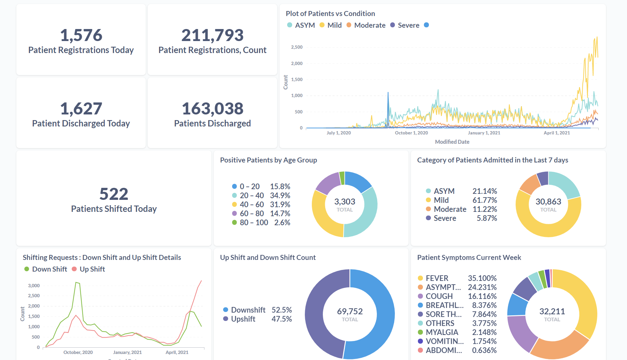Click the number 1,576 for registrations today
[x=81, y=35]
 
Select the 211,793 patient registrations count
[x=212, y=35]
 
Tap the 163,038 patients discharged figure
[x=212, y=109]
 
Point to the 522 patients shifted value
[x=114, y=194]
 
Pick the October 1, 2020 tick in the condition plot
[x=411, y=133]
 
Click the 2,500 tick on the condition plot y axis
[x=296, y=47]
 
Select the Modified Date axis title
[x=452, y=142]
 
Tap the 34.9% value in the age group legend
[x=280, y=196]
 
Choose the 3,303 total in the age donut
[x=345, y=202]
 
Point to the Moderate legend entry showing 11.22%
[x=450, y=209]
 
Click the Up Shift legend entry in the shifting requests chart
[x=92, y=269]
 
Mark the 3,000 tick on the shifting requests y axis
[x=34, y=286]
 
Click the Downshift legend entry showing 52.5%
[x=248, y=310]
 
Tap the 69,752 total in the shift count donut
[x=350, y=311]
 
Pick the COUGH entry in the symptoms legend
[x=439, y=296]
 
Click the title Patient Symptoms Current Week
[x=469, y=258]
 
